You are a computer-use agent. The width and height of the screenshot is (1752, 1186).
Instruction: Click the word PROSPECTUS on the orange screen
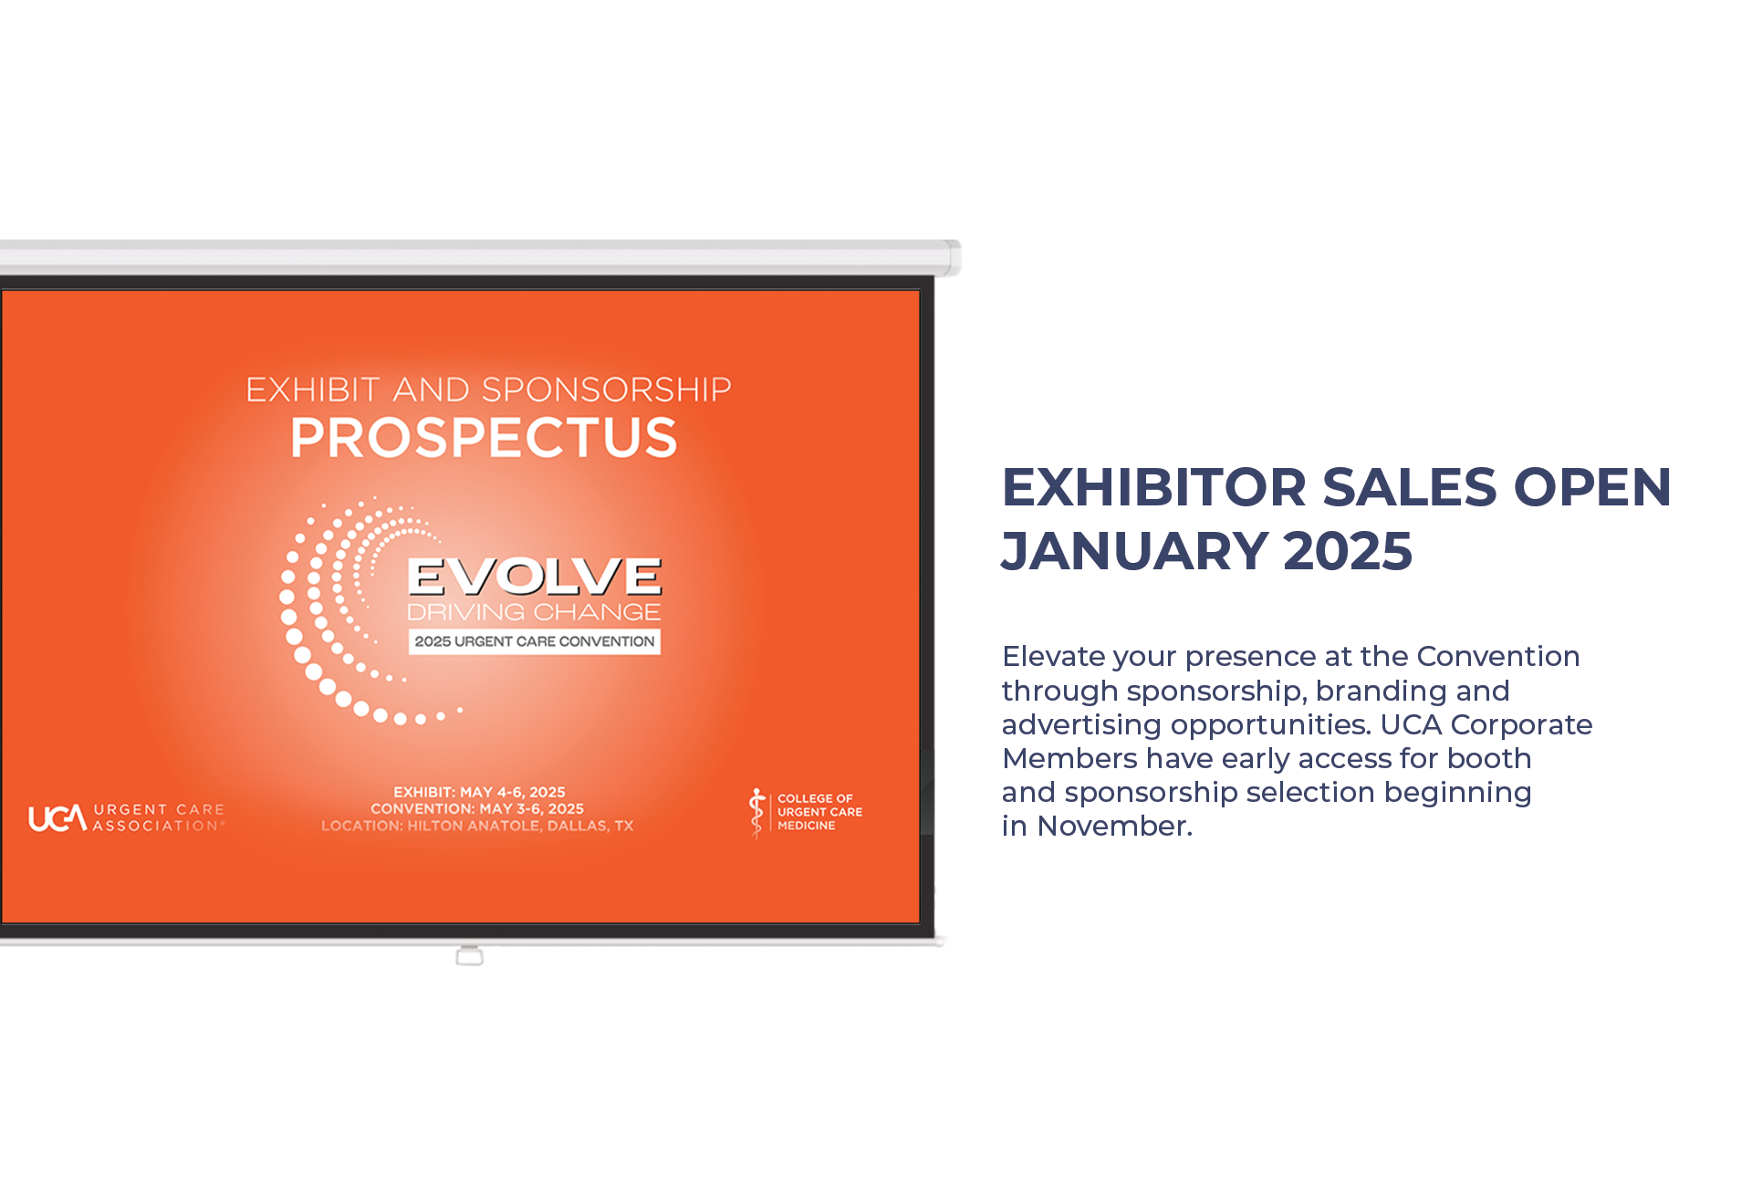coord(484,438)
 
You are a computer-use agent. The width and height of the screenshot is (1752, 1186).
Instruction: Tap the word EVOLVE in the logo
coord(535,577)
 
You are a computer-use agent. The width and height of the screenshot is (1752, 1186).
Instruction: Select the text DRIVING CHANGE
coord(534,611)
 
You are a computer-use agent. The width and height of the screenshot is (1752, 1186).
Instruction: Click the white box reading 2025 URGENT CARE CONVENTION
coord(535,641)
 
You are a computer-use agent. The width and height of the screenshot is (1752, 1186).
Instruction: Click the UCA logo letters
coord(57,818)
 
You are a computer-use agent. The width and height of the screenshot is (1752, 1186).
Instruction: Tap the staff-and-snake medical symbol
coord(756,813)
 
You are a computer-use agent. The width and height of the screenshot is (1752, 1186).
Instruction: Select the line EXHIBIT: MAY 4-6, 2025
coord(479,792)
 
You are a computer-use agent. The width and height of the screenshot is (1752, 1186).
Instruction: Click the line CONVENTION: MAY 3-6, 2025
coord(477,808)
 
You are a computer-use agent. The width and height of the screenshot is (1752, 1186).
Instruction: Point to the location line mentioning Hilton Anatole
coord(477,826)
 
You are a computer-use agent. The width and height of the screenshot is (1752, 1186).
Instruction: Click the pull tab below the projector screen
coord(469,956)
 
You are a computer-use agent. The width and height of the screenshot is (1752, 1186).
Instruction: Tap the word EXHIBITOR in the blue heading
coord(1154,487)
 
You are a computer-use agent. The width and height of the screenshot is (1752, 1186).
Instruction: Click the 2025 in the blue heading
coord(1348,551)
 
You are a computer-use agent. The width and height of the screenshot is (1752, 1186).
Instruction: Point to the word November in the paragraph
coord(1115,827)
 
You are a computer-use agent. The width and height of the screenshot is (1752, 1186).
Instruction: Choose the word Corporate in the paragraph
coord(1521,725)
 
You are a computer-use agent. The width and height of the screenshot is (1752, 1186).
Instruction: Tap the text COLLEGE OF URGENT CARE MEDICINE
coord(819,812)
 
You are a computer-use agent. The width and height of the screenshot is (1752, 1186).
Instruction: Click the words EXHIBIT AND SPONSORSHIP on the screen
coord(488,390)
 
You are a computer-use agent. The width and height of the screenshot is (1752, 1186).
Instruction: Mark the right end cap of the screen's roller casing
coord(953,257)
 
